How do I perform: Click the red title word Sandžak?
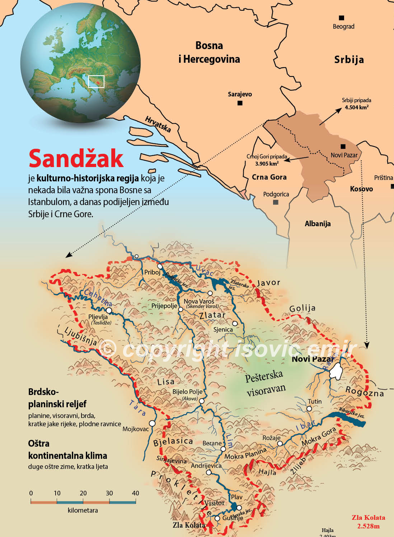click(x=76, y=158)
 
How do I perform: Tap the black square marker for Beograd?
click(x=342, y=18)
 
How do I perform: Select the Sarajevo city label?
click(x=240, y=94)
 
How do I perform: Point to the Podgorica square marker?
click(x=276, y=202)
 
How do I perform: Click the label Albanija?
click(x=318, y=224)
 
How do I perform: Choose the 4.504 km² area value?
click(x=357, y=107)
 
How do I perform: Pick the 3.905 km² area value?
click(x=267, y=163)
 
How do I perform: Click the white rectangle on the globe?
click(x=96, y=81)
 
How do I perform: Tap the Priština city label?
click(x=383, y=178)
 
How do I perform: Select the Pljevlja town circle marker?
click(x=109, y=310)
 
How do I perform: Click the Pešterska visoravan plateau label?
click(x=265, y=382)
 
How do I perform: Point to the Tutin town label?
click(x=315, y=401)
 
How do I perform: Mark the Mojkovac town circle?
click(x=152, y=423)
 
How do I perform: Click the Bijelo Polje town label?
click(x=187, y=392)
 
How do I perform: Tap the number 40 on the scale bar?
click(x=135, y=493)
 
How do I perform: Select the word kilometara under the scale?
click(x=83, y=510)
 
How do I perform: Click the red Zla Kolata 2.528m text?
click(x=368, y=522)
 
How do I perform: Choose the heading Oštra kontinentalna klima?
click(x=67, y=450)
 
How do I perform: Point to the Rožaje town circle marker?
click(x=280, y=443)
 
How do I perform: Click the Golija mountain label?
click(x=302, y=308)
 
